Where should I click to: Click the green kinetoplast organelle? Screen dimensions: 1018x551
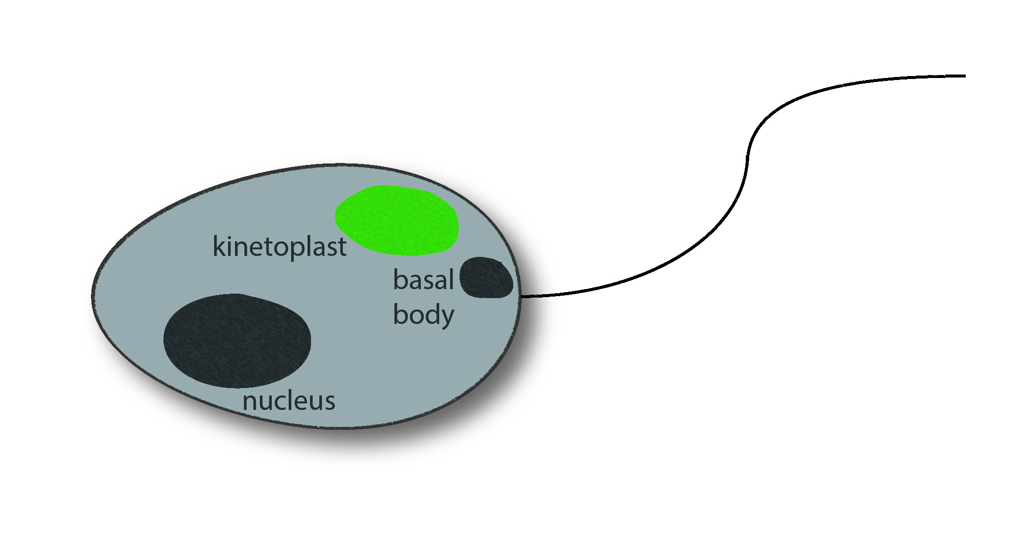(x=396, y=221)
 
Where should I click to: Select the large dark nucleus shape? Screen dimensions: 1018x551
(x=237, y=341)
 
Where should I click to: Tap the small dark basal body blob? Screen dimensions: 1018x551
(x=486, y=278)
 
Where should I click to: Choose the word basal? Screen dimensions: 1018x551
(x=423, y=280)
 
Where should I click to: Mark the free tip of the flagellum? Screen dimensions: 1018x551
(x=965, y=76)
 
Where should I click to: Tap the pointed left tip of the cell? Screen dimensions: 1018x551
(x=92, y=296)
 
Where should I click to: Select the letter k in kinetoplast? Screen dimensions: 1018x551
(x=219, y=246)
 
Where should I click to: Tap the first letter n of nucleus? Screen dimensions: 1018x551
(x=250, y=402)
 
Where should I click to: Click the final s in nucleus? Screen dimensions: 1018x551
(x=329, y=402)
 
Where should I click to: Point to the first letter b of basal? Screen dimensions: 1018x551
(x=400, y=280)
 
